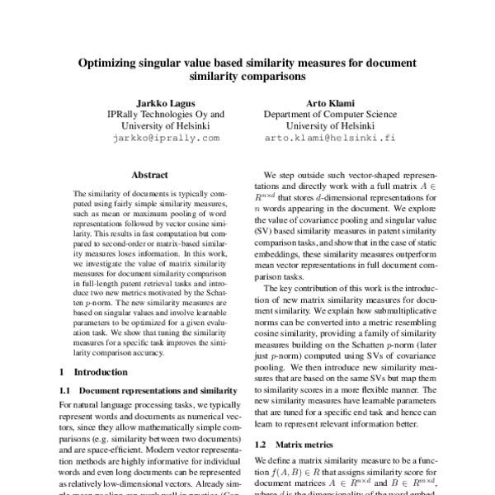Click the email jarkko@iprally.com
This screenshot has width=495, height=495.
click(x=165, y=138)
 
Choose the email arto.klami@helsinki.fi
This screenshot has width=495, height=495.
click(x=330, y=138)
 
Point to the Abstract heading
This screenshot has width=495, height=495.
click(x=150, y=175)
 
